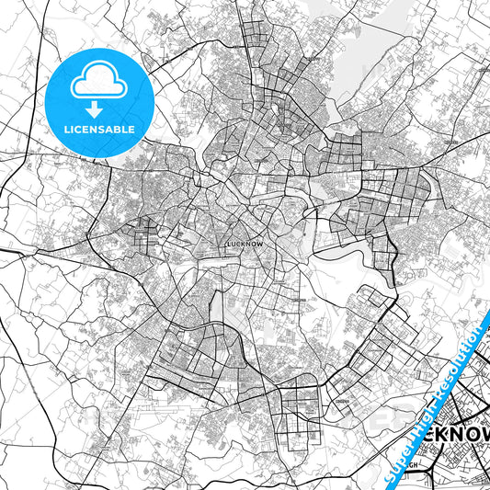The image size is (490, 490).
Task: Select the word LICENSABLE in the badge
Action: (x=99, y=130)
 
